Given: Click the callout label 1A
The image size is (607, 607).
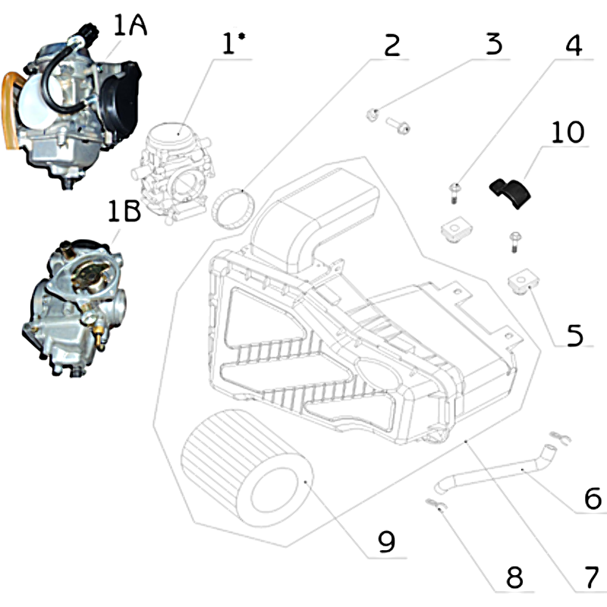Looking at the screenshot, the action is (131, 26).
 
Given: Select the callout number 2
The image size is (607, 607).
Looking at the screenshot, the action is (392, 46).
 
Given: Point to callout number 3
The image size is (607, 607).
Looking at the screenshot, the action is (495, 44).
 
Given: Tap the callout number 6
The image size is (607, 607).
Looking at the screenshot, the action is (593, 498).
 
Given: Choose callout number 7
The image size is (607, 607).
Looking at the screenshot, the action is (592, 577).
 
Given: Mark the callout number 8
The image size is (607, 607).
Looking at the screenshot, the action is (514, 577).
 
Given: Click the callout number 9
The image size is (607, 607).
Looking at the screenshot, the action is (386, 541).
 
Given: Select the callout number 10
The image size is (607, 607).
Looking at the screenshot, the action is (568, 132).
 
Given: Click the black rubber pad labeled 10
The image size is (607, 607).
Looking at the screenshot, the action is (510, 193).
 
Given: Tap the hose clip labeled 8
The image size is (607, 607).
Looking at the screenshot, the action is (436, 504).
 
